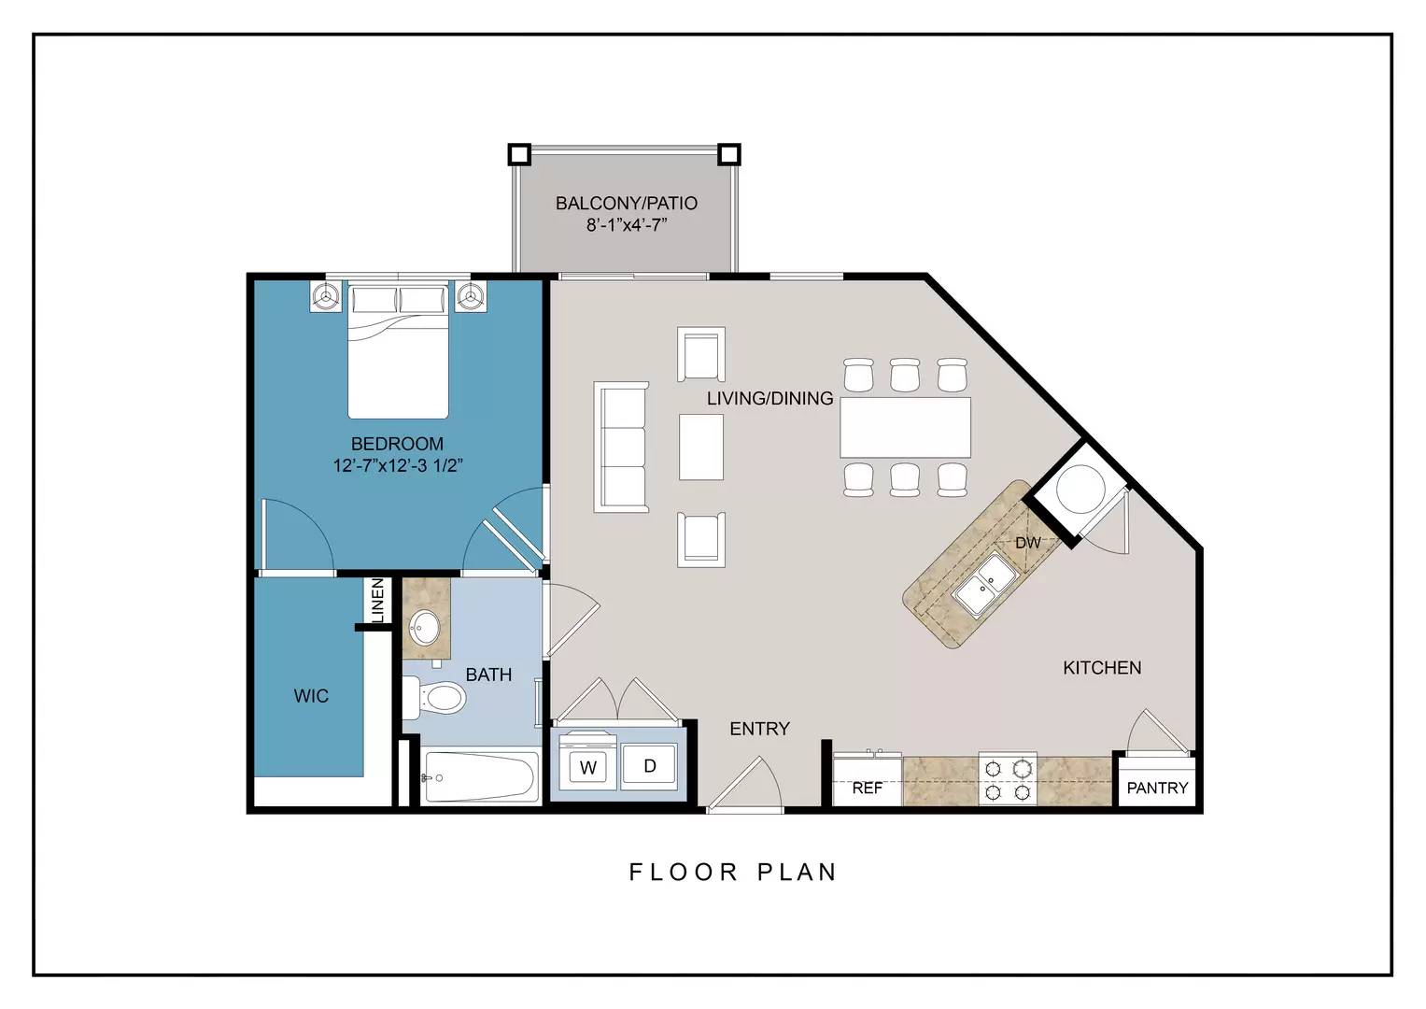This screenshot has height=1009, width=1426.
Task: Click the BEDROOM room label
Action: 397,444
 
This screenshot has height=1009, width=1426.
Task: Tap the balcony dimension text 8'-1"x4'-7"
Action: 627,225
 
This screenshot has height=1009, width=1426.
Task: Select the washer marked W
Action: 588,767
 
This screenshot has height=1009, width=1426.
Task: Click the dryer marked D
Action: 649,766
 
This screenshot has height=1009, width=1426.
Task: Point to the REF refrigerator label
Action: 867,788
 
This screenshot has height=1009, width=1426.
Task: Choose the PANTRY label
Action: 1157,788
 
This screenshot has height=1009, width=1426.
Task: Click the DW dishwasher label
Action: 1027,543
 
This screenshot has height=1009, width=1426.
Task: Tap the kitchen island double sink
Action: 983,585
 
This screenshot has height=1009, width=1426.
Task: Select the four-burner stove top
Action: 1008,780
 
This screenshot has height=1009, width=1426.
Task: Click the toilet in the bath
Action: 434,697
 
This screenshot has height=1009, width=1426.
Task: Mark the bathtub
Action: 480,776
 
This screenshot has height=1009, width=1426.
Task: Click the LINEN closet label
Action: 377,600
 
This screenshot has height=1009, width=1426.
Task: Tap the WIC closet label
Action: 311,696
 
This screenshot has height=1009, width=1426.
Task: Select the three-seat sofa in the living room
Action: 621,448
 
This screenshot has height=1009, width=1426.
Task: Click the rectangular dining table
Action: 905,428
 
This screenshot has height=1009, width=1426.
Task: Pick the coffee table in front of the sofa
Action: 701,448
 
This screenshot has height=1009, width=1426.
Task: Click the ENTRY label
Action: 759,728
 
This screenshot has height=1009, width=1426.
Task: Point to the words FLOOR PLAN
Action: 733,872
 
